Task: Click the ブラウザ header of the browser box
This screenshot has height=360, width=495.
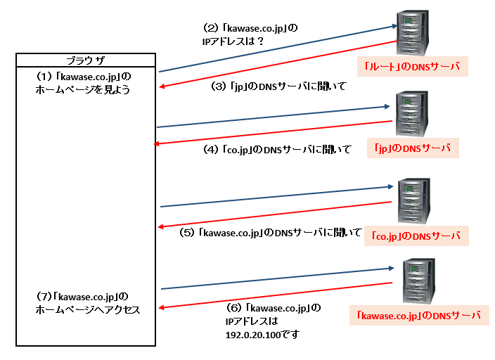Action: (84, 59)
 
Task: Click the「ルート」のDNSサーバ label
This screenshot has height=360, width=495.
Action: (412, 67)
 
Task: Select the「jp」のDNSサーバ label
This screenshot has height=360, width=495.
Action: (413, 148)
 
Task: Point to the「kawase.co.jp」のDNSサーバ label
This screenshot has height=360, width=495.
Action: (419, 316)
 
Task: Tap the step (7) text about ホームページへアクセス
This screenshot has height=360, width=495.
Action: (88, 302)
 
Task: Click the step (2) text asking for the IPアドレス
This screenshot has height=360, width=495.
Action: (250, 35)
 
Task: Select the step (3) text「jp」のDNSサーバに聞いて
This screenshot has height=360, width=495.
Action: (279, 86)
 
